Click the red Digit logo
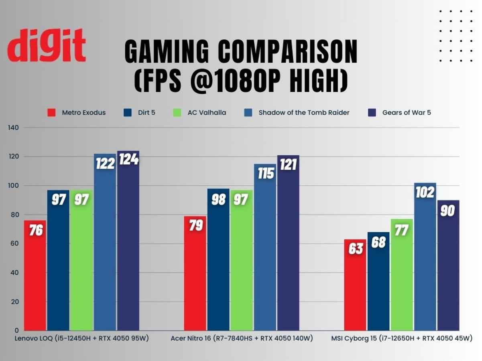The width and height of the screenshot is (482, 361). [x=46, y=45]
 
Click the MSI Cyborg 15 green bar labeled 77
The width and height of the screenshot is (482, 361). [x=402, y=281]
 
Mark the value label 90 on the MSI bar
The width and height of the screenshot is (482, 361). [x=448, y=211]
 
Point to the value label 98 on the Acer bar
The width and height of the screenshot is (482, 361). [x=218, y=200]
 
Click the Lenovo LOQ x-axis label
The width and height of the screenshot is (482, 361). [x=82, y=339]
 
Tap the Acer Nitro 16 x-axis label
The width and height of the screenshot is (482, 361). [x=242, y=339]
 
